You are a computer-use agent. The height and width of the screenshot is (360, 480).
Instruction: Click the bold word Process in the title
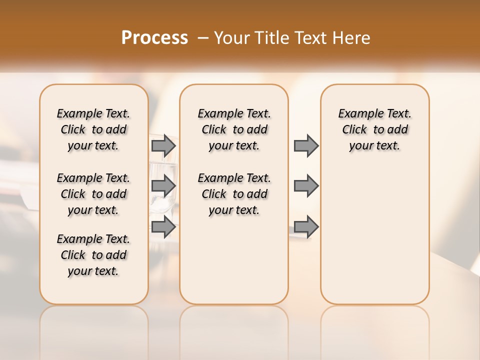(x=154, y=38)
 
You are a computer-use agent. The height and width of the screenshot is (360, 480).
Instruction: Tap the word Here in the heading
(x=352, y=38)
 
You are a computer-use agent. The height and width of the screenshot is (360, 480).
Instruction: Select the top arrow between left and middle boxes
(x=163, y=146)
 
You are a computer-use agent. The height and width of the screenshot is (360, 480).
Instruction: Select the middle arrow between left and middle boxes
(x=163, y=186)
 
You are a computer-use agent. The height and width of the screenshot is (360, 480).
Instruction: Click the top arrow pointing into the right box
(x=306, y=146)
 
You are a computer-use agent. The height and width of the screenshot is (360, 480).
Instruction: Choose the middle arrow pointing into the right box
(x=306, y=186)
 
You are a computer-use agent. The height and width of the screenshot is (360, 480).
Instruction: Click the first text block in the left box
(x=93, y=129)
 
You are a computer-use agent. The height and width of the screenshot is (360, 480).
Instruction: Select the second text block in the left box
(x=93, y=194)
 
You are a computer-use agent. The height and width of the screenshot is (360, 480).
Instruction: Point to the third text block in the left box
(x=93, y=255)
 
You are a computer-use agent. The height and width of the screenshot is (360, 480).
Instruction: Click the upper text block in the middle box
(x=234, y=129)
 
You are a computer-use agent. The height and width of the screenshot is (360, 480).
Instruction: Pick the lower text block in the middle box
(x=234, y=194)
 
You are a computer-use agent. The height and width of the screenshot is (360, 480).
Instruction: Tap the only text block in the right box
(x=374, y=129)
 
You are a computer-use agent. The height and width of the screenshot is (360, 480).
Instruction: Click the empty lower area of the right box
(x=374, y=235)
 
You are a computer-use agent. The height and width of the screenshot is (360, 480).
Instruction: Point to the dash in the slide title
(x=202, y=38)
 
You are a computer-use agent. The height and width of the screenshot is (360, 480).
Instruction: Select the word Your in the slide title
(x=231, y=38)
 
